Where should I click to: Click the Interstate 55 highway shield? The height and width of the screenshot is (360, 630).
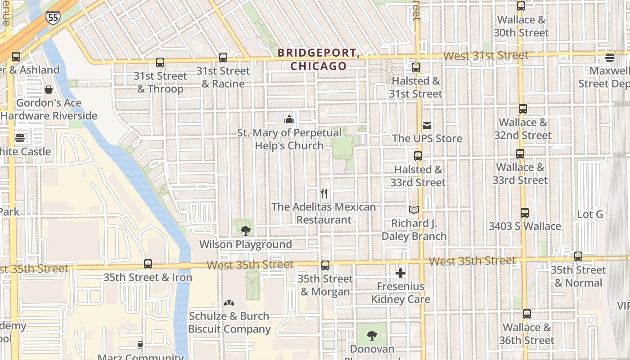(52, 18)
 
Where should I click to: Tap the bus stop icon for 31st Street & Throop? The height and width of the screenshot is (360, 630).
(160, 63)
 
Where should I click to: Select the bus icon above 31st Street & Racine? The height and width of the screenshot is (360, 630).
(223, 58)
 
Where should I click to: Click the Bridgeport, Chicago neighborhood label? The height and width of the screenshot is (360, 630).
(318, 59)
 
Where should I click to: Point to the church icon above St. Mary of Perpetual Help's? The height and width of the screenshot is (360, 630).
(289, 119)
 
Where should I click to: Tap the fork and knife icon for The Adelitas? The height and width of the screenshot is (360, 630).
(324, 193)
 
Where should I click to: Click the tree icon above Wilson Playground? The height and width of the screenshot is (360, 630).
(245, 231)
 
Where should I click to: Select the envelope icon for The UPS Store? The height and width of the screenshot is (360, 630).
(427, 125)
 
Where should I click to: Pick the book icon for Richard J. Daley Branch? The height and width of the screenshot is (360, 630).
(414, 210)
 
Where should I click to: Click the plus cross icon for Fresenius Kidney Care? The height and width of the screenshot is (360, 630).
(400, 273)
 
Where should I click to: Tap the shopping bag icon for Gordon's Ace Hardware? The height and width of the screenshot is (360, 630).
(49, 90)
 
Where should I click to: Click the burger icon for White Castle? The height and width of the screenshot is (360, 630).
(19, 138)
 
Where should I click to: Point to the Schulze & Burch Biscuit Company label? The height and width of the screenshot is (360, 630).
(229, 323)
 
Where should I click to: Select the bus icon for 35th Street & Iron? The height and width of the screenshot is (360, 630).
(148, 264)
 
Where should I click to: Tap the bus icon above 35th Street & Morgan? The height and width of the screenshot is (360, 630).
(325, 265)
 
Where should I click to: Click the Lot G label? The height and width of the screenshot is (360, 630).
(589, 214)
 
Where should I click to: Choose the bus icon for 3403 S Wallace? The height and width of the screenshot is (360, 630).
(525, 213)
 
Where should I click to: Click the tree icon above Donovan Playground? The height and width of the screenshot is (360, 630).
(372, 335)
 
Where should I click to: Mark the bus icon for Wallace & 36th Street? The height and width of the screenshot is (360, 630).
(526, 314)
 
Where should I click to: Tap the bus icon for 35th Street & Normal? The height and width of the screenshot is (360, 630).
(578, 256)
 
